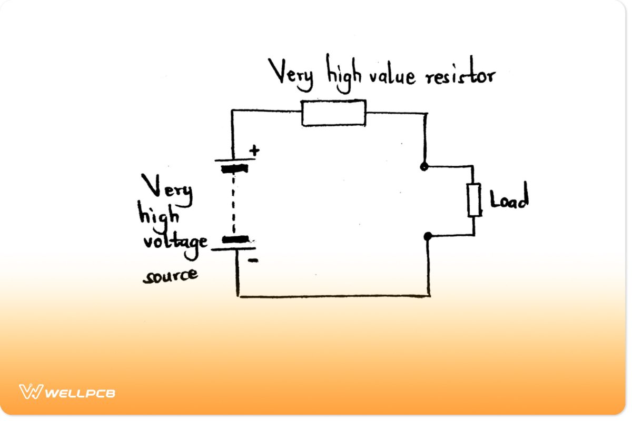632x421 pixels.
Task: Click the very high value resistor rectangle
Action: [x=333, y=113]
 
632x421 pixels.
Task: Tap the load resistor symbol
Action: [x=474, y=200]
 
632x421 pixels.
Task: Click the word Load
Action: [x=508, y=200]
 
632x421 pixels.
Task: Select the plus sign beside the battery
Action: [x=254, y=151]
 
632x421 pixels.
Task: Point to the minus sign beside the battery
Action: [x=253, y=260]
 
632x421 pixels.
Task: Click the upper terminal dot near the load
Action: [x=423, y=167]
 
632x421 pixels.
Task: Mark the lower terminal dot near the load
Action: [x=428, y=236]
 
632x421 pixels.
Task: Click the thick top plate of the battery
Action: [x=233, y=169]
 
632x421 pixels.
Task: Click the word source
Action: [x=170, y=274]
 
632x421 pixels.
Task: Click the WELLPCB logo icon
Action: [x=30, y=392]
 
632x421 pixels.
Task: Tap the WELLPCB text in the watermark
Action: [x=80, y=393]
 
